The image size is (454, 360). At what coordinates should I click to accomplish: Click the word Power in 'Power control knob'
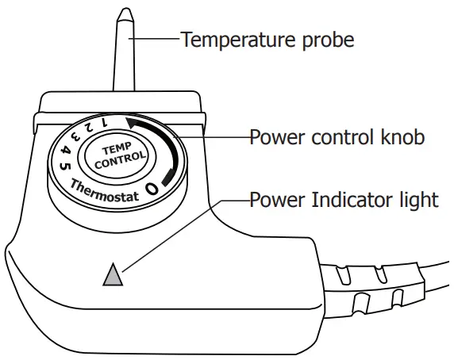click(x=274, y=136)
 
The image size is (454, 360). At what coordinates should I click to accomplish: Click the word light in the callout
click(x=417, y=198)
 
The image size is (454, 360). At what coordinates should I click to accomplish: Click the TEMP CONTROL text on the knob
click(x=120, y=153)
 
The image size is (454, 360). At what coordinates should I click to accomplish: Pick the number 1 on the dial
click(x=104, y=121)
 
